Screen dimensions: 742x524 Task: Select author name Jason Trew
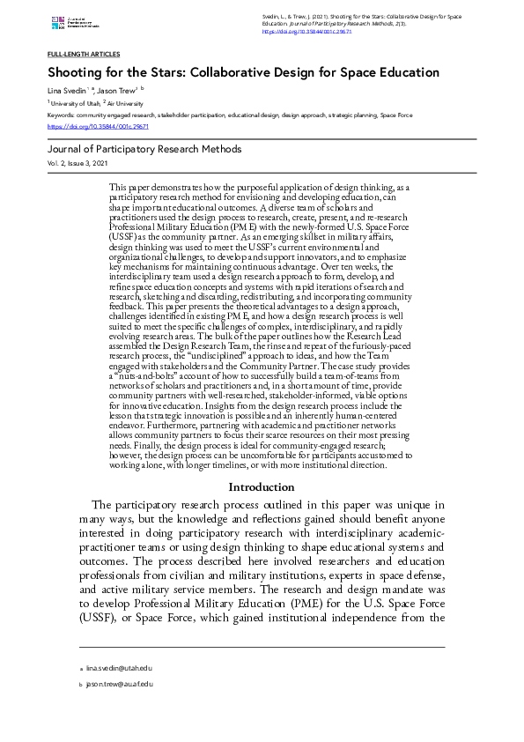click(115, 91)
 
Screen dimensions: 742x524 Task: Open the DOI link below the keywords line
click(97, 126)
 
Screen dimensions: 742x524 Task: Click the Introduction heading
click(262, 486)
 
